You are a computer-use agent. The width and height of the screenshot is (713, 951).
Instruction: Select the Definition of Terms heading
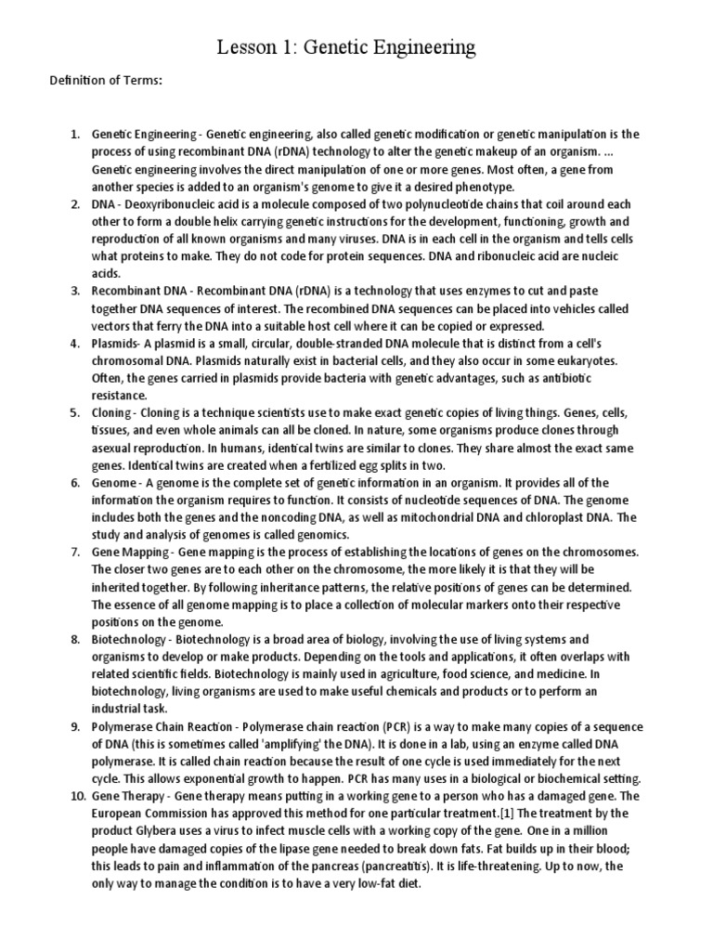pos(105,81)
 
